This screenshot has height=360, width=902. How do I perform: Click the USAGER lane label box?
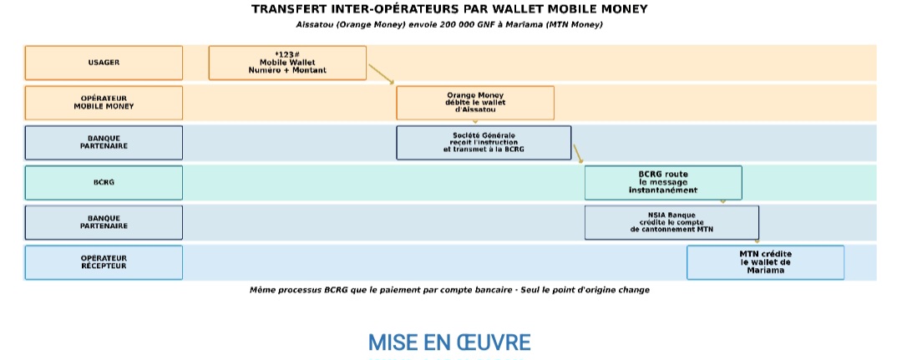[104, 63]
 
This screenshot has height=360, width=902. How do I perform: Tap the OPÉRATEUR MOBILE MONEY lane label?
[104, 103]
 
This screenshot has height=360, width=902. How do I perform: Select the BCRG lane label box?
[104, 182]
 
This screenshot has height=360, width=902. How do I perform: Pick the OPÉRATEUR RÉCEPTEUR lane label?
[104, 262]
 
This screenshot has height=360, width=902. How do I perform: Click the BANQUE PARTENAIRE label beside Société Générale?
[104, 142]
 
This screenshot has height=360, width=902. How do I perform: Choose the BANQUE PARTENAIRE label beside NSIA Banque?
[104, 222]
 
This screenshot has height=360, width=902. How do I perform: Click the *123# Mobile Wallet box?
[287, 63]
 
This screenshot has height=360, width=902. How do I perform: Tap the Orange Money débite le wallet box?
[475, 103]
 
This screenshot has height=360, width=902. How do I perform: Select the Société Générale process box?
[484, 142]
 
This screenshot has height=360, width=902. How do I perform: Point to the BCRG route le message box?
[663, 182]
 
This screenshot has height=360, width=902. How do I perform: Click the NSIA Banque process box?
[671, 222]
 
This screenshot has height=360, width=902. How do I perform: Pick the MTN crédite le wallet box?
[765, 262]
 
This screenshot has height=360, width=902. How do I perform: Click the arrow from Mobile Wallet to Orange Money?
[381, 74]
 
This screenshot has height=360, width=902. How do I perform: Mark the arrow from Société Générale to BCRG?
[578, 154]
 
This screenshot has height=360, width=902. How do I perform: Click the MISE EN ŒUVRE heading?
[449, 342]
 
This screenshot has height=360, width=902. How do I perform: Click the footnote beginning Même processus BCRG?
[449, 290]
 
